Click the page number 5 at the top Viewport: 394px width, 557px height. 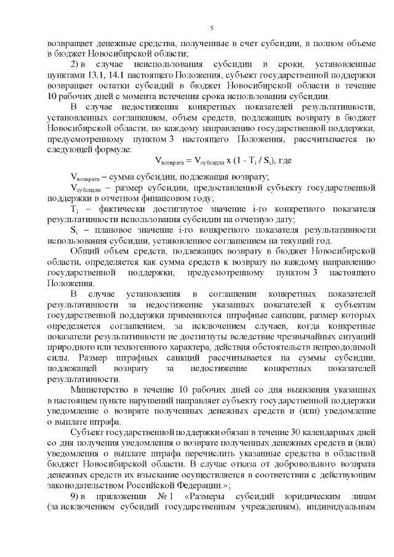pos(211,28)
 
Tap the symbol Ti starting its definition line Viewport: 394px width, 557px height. pos(74,209)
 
